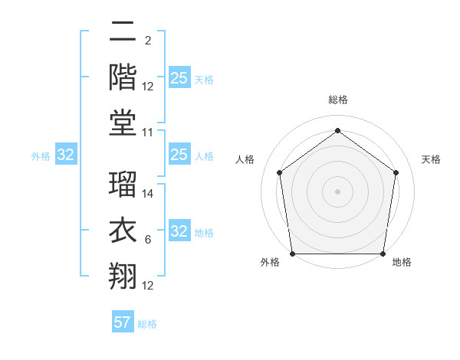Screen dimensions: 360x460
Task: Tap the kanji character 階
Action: (x=123, y=76)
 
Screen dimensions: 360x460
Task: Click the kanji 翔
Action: (x=123, y=275)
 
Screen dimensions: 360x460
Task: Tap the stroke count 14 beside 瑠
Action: (x=148, y=194)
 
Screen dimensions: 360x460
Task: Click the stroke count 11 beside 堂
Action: (x=148, y=133)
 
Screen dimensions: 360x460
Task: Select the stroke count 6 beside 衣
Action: (x=148, y=241)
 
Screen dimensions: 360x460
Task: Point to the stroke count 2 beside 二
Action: (x=148, y=40)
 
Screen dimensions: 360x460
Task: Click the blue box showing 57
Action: (x=123, y=322)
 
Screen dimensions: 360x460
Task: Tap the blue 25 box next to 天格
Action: (x=179, y=77)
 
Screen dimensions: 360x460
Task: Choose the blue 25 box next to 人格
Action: (x=179, y=155)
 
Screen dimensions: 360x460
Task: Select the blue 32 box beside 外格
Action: (x=65, y=155)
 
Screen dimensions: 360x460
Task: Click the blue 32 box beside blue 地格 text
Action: (x=179, y=232)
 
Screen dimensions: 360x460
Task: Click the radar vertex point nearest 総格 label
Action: (x=337, y=131)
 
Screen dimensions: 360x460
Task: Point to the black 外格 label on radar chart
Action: (x=270, y=263)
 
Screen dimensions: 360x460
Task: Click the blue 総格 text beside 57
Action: (x=147, y=324)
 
